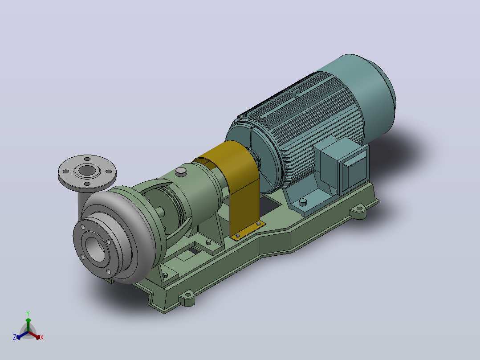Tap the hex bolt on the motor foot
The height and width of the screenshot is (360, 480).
[302, 202]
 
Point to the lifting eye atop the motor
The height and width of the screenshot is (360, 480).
[296, 94]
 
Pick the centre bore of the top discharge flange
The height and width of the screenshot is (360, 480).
[87, 170]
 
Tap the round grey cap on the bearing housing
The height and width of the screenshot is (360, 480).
[181, 172]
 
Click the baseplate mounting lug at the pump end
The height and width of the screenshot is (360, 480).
[187, 298]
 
